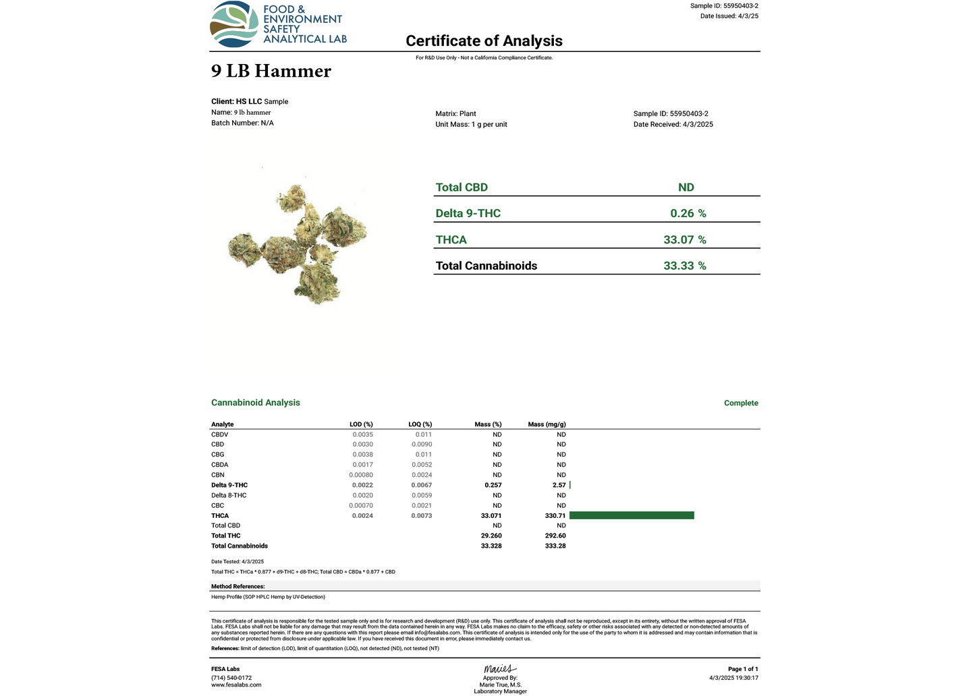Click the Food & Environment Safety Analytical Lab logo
tap(278, 25)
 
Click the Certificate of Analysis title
tap(484, 41)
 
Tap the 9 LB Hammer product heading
tap(271, 71)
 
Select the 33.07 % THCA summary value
tap(684, 239)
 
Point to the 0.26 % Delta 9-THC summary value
tap(688, 213)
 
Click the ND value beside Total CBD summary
tap(686, 187)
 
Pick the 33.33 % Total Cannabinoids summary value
tap(684, 266)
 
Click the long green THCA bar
tap(632, 515)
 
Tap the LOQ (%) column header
tap(420, 424)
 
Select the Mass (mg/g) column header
tap(547, 424)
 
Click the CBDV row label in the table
tap(219, 434)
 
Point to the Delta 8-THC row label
tap(229, 495)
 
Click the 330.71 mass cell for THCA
tap(555, 515)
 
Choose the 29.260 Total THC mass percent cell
tap(491, 535)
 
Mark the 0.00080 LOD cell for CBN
tap(361, 475)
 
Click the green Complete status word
tap(741, 403)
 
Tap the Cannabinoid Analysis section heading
tap(256, 403)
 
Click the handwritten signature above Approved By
tap(499, 669)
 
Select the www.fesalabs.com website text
tap(236, 685)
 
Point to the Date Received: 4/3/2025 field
tap(673, 124)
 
